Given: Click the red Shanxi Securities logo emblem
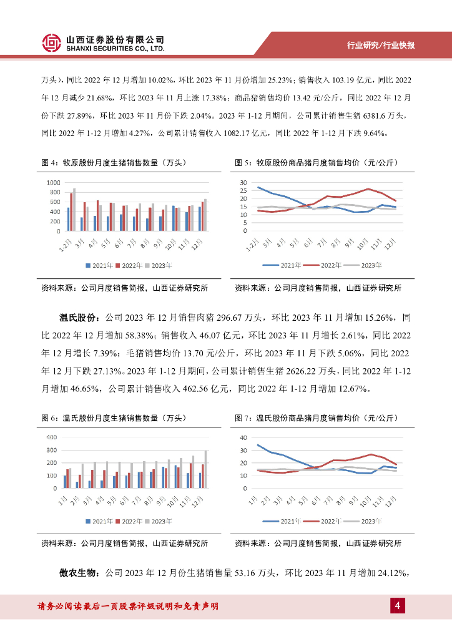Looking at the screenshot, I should click(x=52, y=42).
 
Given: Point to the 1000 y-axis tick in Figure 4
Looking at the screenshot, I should click(x=52, y=182).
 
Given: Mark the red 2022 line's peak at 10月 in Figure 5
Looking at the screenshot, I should click(x=368, y=188).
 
